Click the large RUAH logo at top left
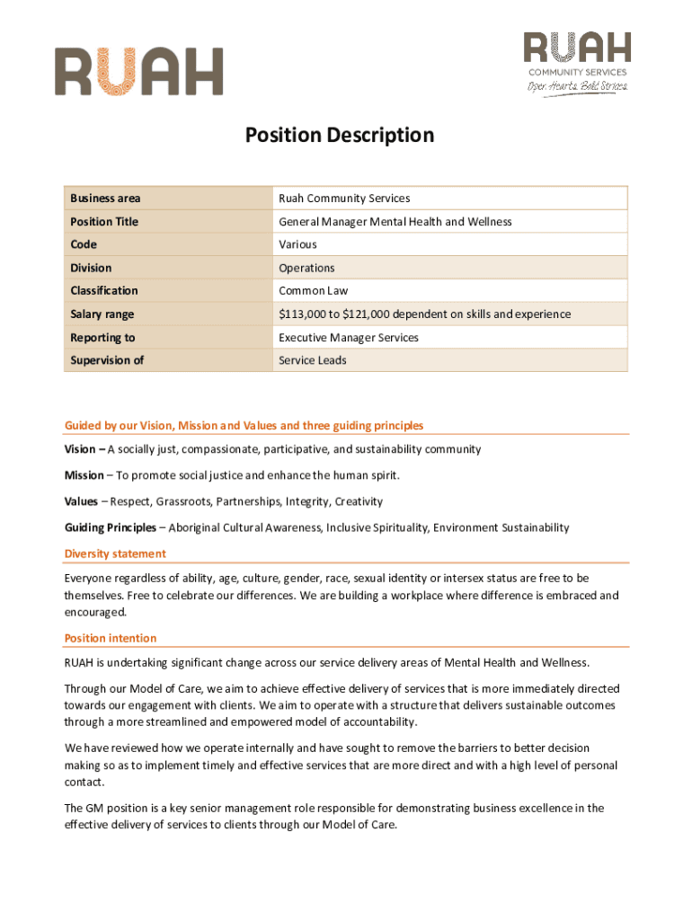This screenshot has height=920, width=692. (x=138, y=72)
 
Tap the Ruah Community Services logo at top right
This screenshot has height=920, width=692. (x=577, y=62)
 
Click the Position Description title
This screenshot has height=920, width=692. (x=340, y=135)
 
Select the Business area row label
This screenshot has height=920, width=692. (x=105, y=199)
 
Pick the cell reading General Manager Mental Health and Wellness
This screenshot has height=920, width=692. (x=395, y=222)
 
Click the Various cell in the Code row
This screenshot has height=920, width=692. (x=297, y=244)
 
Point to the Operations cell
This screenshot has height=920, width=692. (x=306, y=268)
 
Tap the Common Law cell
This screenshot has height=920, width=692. (x=313, y=290)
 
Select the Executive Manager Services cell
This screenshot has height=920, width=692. (x=348, y=337)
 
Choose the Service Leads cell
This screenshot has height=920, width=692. (x=312, y=360)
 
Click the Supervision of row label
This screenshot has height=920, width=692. (x=107, y=360)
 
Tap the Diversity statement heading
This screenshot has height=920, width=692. (x=115, y=553)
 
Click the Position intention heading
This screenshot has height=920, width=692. (x=111, y=638)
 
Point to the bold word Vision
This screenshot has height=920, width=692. (x=79, y=449)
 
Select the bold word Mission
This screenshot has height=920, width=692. (x=84, y=475)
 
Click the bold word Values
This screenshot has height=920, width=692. (x=81, y=501)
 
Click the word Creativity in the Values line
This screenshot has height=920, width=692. (x=357, y=501)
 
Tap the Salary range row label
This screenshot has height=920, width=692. (x=102, y=314)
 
